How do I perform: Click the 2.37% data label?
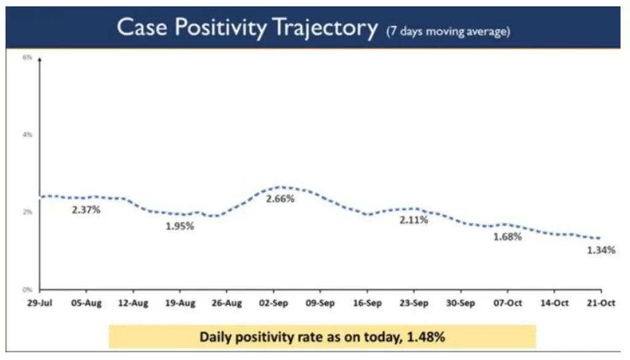86,210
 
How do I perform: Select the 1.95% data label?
179,226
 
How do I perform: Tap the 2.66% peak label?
280,199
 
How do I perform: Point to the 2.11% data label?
413,220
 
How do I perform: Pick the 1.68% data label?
507,236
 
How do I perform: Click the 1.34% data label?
600,250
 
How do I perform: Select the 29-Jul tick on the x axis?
39,303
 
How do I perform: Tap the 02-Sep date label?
273,303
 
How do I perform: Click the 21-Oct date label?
600,303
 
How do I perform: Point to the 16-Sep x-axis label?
367,303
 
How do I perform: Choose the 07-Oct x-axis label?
507,303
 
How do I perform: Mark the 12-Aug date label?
133,303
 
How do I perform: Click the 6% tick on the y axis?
28,57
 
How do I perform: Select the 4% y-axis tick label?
28,134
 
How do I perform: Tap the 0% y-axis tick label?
28,289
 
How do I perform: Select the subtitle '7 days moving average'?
447,31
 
